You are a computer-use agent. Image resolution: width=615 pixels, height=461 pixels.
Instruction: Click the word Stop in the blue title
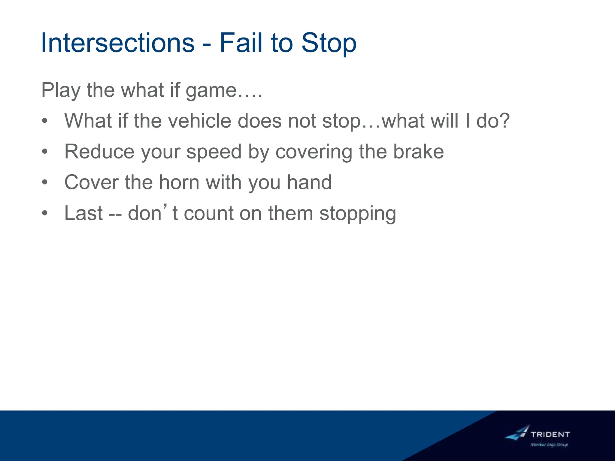tap(329, 44)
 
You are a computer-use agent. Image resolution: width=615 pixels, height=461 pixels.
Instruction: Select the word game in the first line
tap(211, 90)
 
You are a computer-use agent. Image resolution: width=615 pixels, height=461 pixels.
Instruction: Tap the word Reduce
tap(99, 152)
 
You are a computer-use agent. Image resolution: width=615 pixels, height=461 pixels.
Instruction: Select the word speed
tap(214, 152)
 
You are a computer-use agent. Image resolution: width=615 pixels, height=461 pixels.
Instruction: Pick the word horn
tap(179, 182)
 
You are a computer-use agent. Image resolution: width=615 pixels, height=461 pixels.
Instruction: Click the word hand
tap(309, 182)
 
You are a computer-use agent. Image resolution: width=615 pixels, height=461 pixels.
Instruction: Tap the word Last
tap(83, 213)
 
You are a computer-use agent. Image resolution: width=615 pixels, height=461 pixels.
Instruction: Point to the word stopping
tap(358, 214)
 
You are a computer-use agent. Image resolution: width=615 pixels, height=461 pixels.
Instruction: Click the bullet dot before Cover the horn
tap(45, 182)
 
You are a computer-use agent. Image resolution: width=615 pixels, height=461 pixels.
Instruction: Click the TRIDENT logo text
tap(550, 434)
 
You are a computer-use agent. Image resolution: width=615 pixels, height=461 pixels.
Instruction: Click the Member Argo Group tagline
tap(549, 445)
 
